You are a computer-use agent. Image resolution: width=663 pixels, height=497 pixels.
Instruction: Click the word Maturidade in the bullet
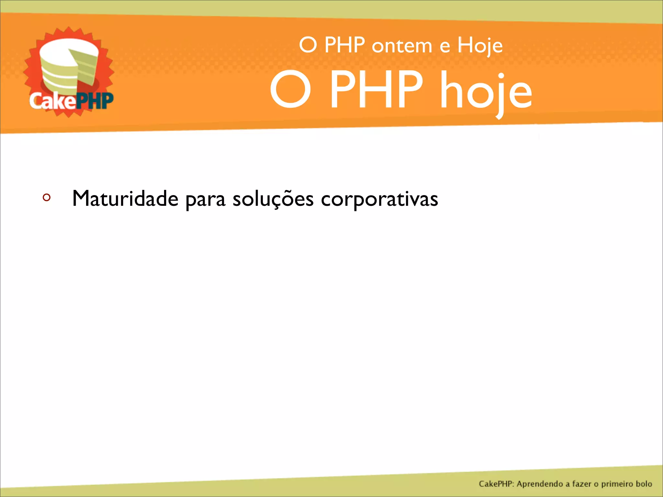point(125,198)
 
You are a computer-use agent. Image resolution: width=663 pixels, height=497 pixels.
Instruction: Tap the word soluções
point(273,199)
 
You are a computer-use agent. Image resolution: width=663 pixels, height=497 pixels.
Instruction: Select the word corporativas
point(379,199)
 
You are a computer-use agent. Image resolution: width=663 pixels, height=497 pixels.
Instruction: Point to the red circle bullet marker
point(47,197)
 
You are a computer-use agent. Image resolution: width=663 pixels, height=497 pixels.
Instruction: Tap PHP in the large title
point(376,90)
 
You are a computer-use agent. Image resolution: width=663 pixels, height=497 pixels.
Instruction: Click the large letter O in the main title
point(290,90)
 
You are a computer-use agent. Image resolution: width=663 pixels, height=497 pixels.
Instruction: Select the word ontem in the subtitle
point(402,46)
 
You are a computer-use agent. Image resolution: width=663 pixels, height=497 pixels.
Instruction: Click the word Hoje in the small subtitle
point(480,46)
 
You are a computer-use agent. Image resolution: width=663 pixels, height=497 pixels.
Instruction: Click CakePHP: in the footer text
point(497,484)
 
